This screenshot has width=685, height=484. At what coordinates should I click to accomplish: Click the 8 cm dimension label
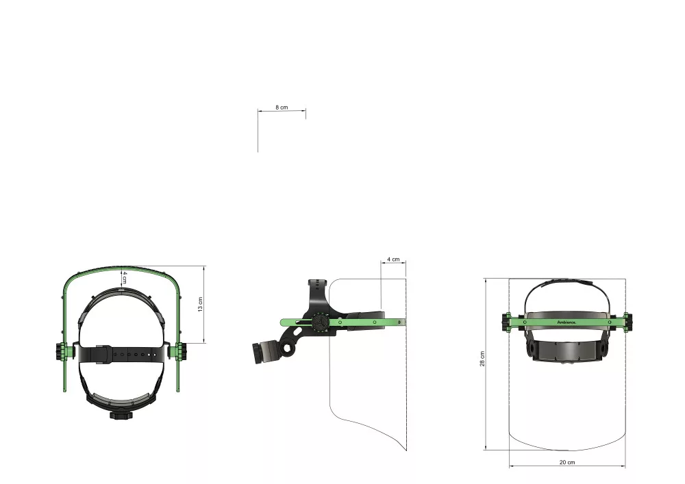pyautogui.click(x=282, y=107)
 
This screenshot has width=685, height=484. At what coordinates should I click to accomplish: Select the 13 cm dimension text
pyautogui.click(x=201, y=304)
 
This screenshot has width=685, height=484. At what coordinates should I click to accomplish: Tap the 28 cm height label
pyautogui.click(x=482, y=359)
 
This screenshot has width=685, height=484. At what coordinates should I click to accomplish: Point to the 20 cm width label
pyautogui.click(x=567, y=462)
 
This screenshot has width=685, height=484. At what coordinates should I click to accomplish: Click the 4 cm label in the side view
pyautogui.click(x=393, y=259)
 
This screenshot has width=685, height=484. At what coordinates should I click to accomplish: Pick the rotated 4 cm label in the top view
pyautogui.click(x=125, y=277)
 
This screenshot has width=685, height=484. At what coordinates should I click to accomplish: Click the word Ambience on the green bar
pyautogui.click(x=566, y=322)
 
